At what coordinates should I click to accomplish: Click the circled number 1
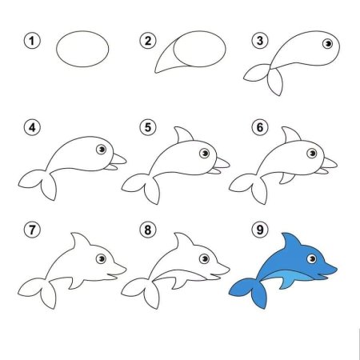pos(32,40)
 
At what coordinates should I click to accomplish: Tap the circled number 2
pos(146,40)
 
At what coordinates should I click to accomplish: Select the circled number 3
pos(258,40)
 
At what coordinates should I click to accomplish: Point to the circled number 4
pos(32,127)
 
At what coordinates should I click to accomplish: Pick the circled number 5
pos(146,127)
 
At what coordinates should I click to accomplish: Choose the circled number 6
pos(258,127)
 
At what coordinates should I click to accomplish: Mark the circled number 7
pos(32,230)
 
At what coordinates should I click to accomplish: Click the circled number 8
pos(146,230)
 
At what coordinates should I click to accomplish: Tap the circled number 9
pos(258,230)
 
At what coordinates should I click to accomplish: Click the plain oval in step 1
pos(82,50)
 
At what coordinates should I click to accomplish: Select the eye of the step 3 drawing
pos(326,44)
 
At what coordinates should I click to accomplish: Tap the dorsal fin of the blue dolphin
pos(287,242)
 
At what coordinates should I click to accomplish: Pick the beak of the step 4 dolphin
pos(118,159)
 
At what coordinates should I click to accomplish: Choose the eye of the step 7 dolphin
pos(100,258)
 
